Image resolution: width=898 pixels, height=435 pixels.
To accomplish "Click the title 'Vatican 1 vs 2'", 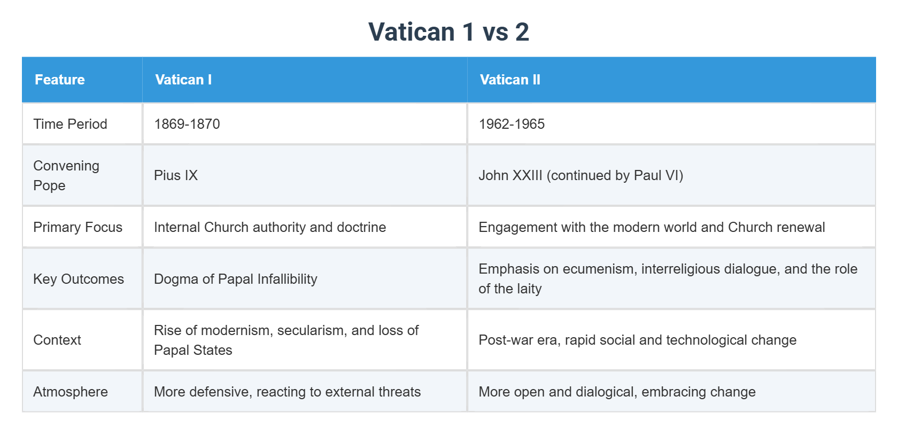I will [448, 32].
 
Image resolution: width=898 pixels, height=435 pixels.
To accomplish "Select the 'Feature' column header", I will [60, 80].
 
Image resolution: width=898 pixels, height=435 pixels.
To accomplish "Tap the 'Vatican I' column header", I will [183, 80].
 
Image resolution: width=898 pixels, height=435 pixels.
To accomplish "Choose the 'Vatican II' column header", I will [510, 80].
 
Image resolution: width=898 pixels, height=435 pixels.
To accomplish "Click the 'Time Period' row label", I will [70, 124].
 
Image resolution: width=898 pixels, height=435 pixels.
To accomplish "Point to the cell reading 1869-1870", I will [187, 124].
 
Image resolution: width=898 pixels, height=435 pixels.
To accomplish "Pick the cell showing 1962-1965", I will [512, 124].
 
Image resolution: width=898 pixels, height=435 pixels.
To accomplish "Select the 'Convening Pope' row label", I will [66, 175].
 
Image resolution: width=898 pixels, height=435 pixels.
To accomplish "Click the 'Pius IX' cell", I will [176, 175].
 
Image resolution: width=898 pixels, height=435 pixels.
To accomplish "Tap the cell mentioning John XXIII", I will [580, 175].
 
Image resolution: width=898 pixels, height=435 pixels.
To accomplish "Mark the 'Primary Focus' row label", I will [78, 227].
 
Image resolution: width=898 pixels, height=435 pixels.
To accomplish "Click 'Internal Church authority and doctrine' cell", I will [270, 227].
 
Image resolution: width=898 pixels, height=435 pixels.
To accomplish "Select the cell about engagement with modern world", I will [652, 227].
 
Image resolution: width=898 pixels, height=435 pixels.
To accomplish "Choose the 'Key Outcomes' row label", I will [79, 279].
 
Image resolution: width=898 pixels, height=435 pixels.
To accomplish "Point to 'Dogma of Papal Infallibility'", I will [236, 279].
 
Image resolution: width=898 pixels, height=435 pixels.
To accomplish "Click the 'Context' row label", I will [57, 340].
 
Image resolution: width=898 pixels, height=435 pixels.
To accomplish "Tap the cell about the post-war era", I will [637, 340].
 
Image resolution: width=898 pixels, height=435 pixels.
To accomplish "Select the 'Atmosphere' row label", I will [71, 392].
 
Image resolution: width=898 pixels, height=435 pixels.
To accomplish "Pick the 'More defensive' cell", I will [287, 392].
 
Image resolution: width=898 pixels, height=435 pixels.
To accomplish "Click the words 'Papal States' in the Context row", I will [193, 350].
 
